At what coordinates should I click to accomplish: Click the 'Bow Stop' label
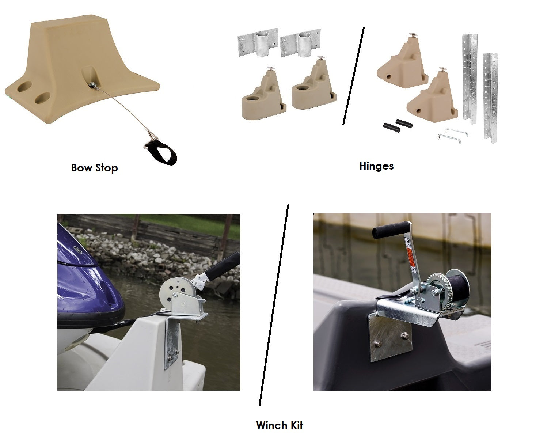pos(94,168)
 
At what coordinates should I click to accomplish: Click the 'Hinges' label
pos(376,166)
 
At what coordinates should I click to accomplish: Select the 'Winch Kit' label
pos(280,425)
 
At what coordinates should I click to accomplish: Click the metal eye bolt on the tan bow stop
pos(92,84)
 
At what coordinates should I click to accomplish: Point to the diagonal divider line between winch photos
pos(274,305)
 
